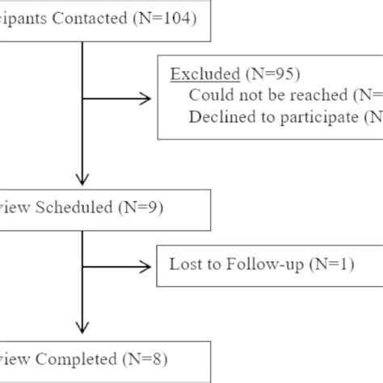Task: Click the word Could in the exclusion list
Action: [207, 95]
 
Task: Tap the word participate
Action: [319, 117]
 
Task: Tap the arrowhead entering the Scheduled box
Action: [82, 180]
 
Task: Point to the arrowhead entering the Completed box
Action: [82, 332]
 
